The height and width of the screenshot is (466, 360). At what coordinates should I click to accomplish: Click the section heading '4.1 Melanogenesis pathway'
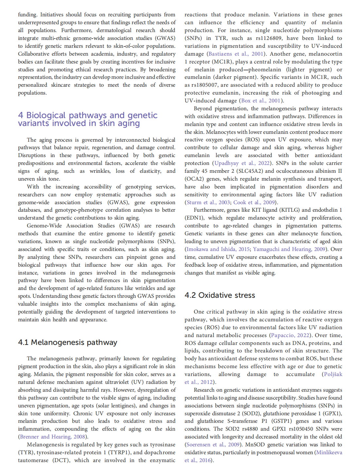(67, 342)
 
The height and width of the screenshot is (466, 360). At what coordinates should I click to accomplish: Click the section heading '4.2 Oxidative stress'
(220, 295)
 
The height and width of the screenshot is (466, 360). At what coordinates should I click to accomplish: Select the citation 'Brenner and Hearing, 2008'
(53, 437)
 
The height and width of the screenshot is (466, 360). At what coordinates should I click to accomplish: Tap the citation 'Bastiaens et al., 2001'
(236, 54)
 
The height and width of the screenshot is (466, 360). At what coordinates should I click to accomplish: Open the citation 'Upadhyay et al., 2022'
(243, 163)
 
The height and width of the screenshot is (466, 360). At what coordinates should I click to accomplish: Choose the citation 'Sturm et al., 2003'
(208, 203)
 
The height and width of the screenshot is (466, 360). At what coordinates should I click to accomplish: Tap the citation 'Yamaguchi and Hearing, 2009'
(289, 249)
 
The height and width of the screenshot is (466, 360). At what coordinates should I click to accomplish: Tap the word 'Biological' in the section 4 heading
(46, 115)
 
